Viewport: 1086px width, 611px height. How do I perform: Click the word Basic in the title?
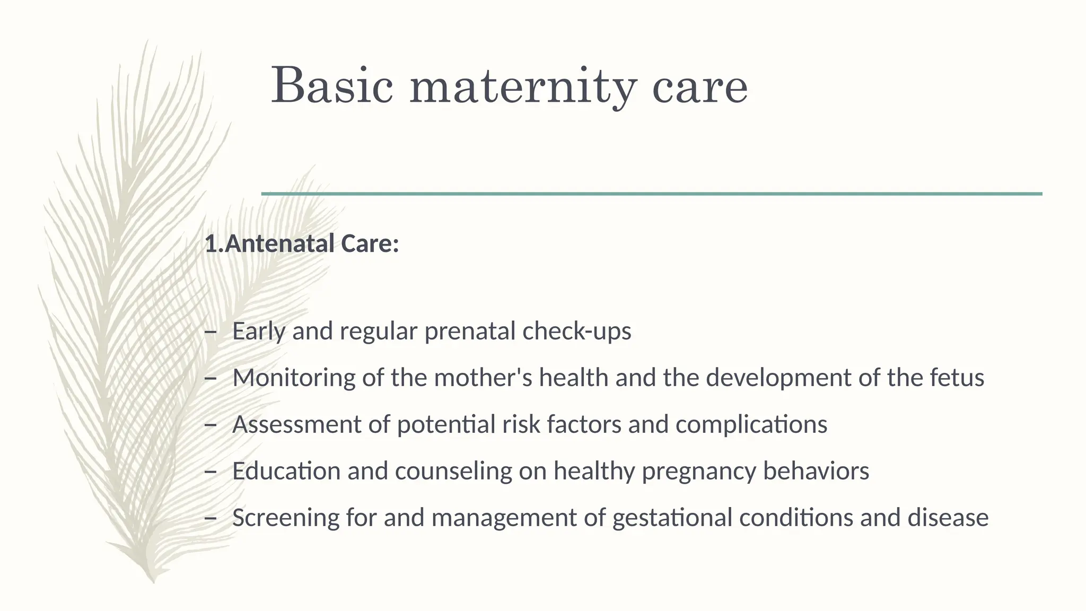coord(332,85)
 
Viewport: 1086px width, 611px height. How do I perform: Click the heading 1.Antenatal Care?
coord(302,244)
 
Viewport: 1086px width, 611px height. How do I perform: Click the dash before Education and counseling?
coord(211,471)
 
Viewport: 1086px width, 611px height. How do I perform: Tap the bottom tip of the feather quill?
coord(153,581)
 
